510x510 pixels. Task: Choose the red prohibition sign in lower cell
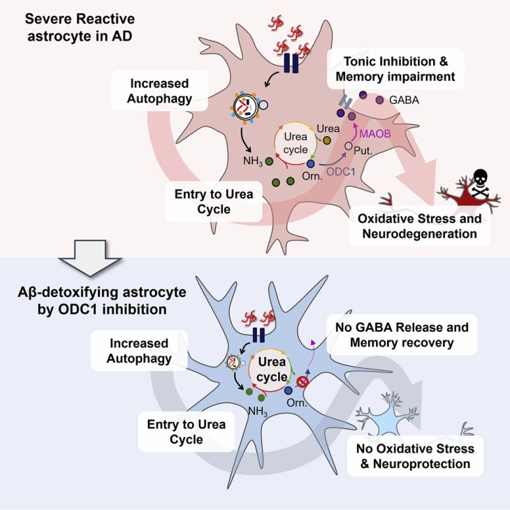303,381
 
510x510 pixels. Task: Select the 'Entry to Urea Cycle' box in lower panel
176,432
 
